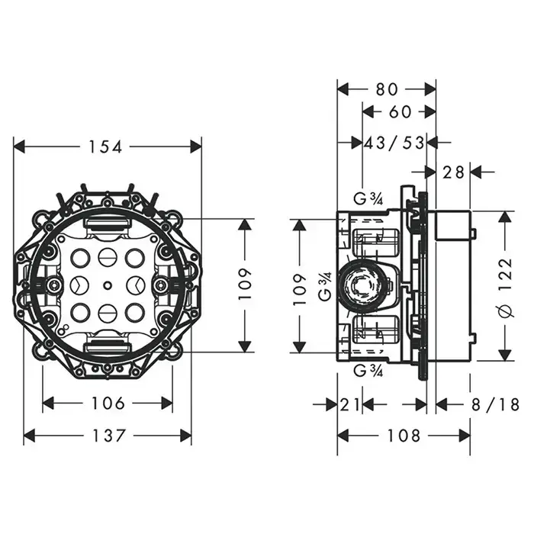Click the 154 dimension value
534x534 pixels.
tap(105, 147)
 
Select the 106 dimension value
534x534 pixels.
tap(108, 404)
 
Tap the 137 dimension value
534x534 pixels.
tap(109, 436)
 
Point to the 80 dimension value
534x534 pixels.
tap(387, 89)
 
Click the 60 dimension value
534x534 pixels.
tap(400, 111)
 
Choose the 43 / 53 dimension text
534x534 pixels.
tap(394, 143)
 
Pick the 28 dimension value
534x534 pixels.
tap(453, 172)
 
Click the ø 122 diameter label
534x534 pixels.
tap(505, 287)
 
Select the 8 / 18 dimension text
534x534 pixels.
tap(496, 404)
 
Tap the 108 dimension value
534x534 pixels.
tap(404, 436)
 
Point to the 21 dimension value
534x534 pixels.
tap(349, 405)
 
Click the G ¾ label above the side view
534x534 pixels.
tap(368, 199)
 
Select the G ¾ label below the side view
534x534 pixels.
tap(368, 370)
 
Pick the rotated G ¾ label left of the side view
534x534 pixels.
tap(325, 286)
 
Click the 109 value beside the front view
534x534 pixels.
tap(245, 284)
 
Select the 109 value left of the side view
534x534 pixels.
tap(300, 286)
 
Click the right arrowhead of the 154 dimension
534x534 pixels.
tap(195, 146)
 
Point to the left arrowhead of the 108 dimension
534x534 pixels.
tap(343, 435)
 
